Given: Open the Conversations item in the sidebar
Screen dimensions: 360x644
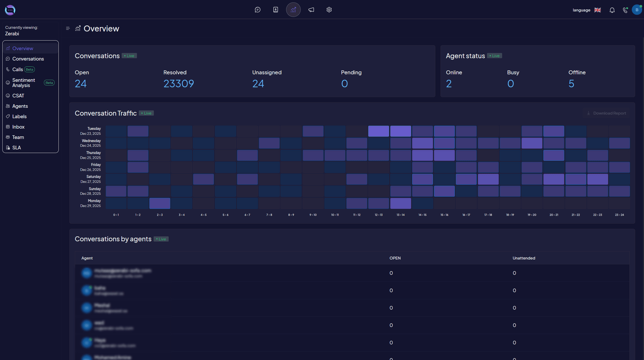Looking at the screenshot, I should pyautogui.click(x=28, y=59).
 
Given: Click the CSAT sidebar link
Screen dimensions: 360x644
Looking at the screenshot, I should pyautogui.click(x=18, y=96).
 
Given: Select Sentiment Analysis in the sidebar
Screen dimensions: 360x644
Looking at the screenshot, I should pyautogui.click(x=23, y=83).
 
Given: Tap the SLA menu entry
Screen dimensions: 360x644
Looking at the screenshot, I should pyautogui.click(x=16, y=148).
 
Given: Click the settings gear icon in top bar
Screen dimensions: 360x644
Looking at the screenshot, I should pyautogui.click(x=329, y=10).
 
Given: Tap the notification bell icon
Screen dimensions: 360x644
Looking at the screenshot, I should pyautogui.click(x=612, y=10).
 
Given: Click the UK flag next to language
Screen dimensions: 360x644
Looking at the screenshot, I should pyautogui.click(x=597, y=10).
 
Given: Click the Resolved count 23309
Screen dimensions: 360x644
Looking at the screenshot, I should pyautogui.click(x=178, y=84).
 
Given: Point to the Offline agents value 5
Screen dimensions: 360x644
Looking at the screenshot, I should pyautogui.click(x=571, y=84).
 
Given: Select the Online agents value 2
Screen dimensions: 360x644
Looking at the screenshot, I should pyautogui.click(x=449, y=84).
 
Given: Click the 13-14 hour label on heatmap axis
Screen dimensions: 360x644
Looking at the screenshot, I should pyautogui.click(x=400, y=215).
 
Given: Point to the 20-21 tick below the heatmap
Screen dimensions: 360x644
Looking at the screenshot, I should pyautogui.click(x=553, y=215).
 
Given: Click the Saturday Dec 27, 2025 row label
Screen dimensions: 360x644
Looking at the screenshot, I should pyautogui.click(x=91, y=179).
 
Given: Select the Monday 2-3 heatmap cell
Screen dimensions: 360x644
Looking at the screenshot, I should pyautogui.click(x=160, y=203).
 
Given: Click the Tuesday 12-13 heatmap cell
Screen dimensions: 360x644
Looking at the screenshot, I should pyautogui.click(x=378, y=131).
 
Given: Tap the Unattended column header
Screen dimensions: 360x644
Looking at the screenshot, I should pyautogui.click(x=524, y=258).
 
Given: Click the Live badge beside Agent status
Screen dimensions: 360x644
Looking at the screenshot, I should pyautogui.click(x=494, y=56).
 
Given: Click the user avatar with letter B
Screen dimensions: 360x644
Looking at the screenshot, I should pyautogui.click(x=637, y=10).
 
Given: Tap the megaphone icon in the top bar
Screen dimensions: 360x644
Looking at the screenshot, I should pyautogui.click(x=311, y=10).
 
